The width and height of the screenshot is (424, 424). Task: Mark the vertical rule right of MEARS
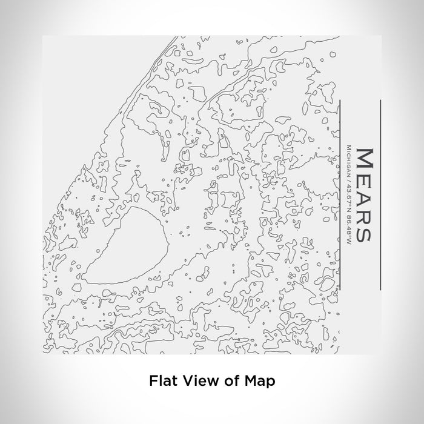380,194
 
